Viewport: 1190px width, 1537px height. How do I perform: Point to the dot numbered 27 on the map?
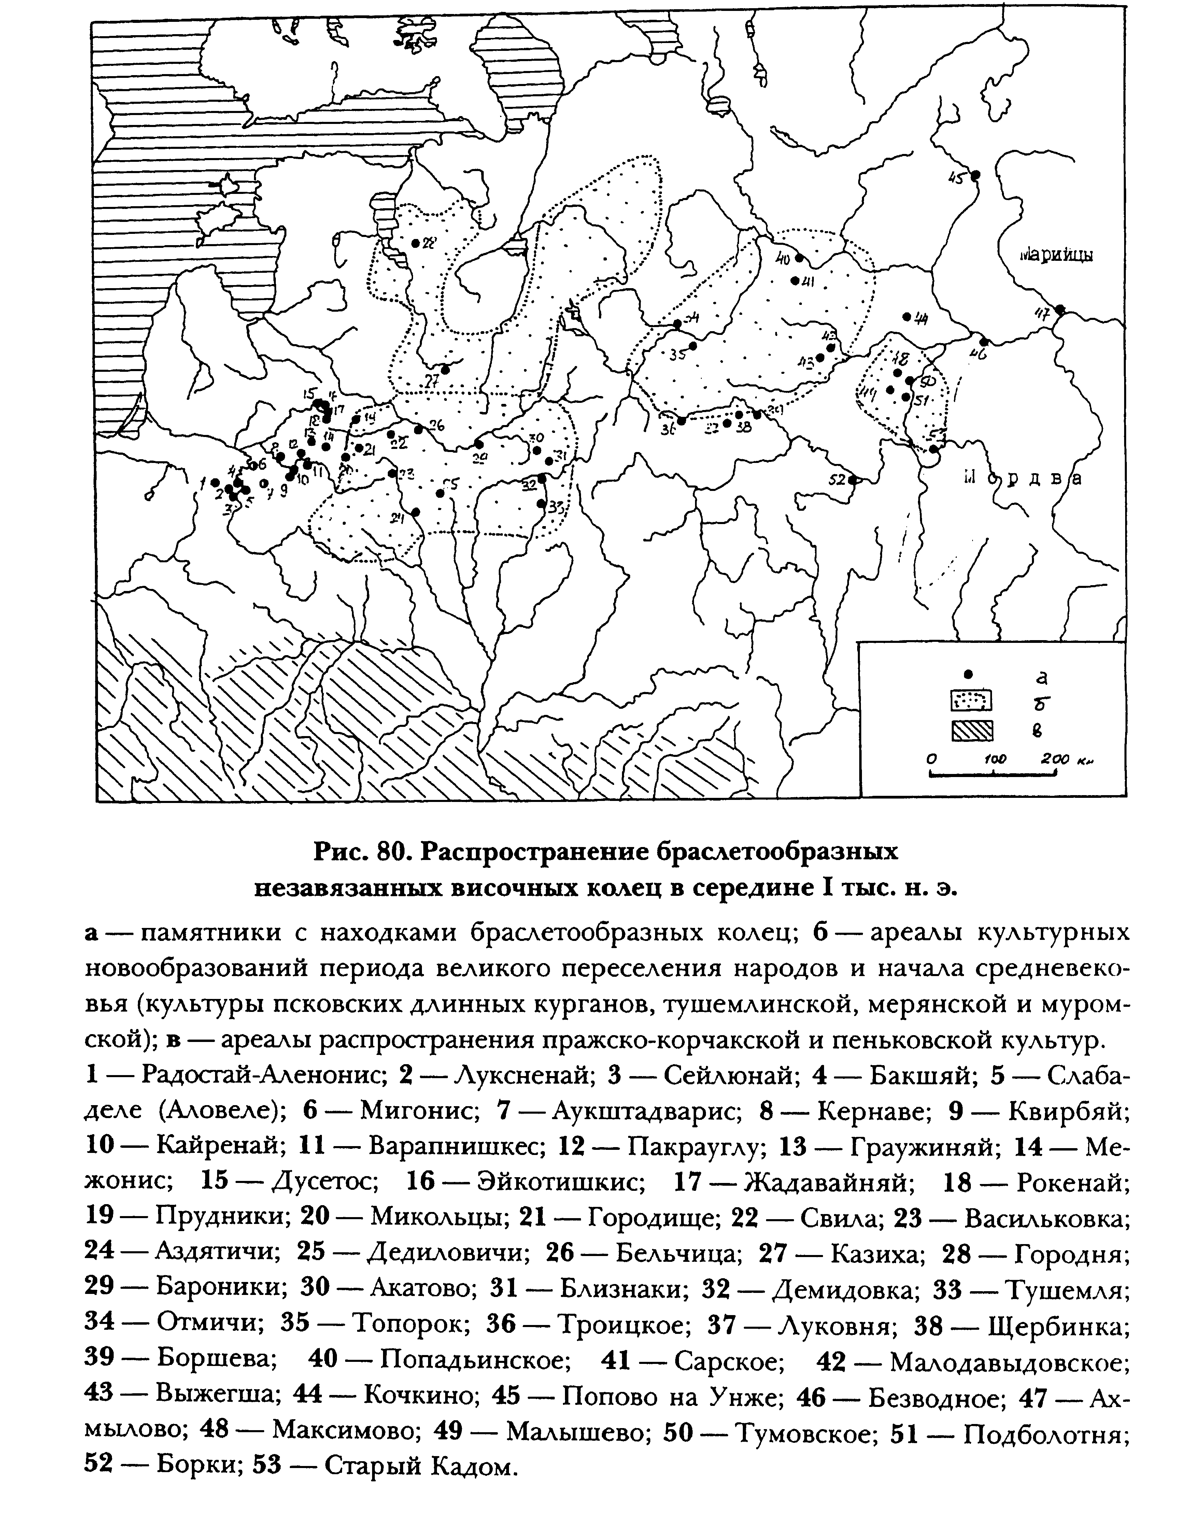click(445, 369)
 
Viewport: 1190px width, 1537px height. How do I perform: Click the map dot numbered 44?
click(906, 316)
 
